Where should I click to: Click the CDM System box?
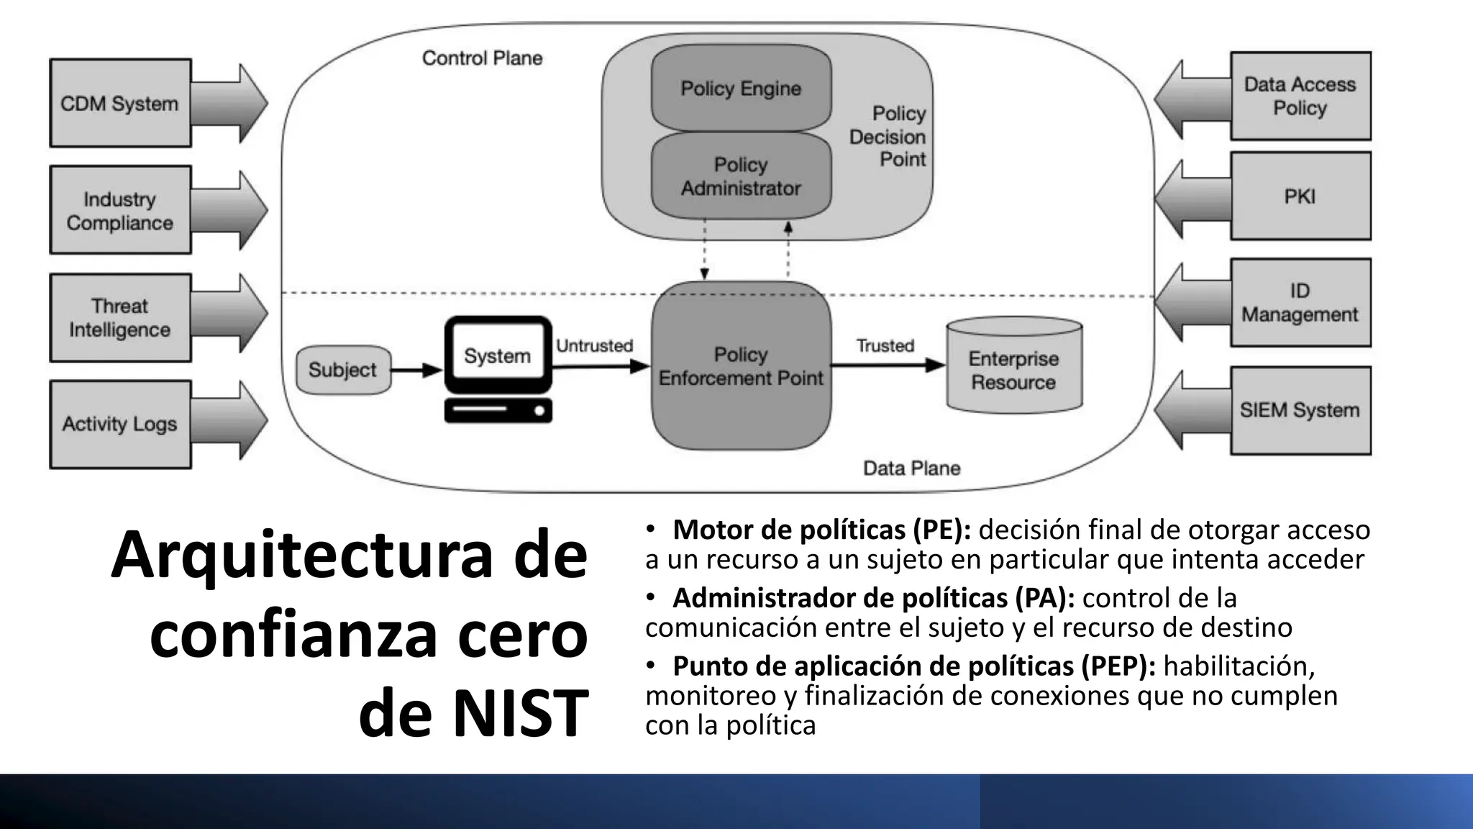[x=120, y=104]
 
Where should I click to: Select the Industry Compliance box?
[x=120, y=210]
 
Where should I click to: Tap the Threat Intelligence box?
[x=120, y=317]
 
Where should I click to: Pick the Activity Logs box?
[x=120, y=425]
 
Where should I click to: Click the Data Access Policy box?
[x=1300, y=96]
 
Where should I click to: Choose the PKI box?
[x=1300, y=196]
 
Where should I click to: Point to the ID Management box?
[x=1300, y=302]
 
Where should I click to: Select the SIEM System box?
[x=1300, y=410]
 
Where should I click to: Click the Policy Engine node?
[x=741, y=89]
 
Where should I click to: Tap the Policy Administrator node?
[x=741, y=176]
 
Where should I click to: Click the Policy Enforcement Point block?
[x=741, y=366]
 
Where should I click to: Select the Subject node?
[x=343, y=370]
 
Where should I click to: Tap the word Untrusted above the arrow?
[x=594, y=346]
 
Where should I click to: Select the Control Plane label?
[x=482, y=58]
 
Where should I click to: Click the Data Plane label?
[x=911, y=468]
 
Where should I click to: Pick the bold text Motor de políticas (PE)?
[x=821, y=530]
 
